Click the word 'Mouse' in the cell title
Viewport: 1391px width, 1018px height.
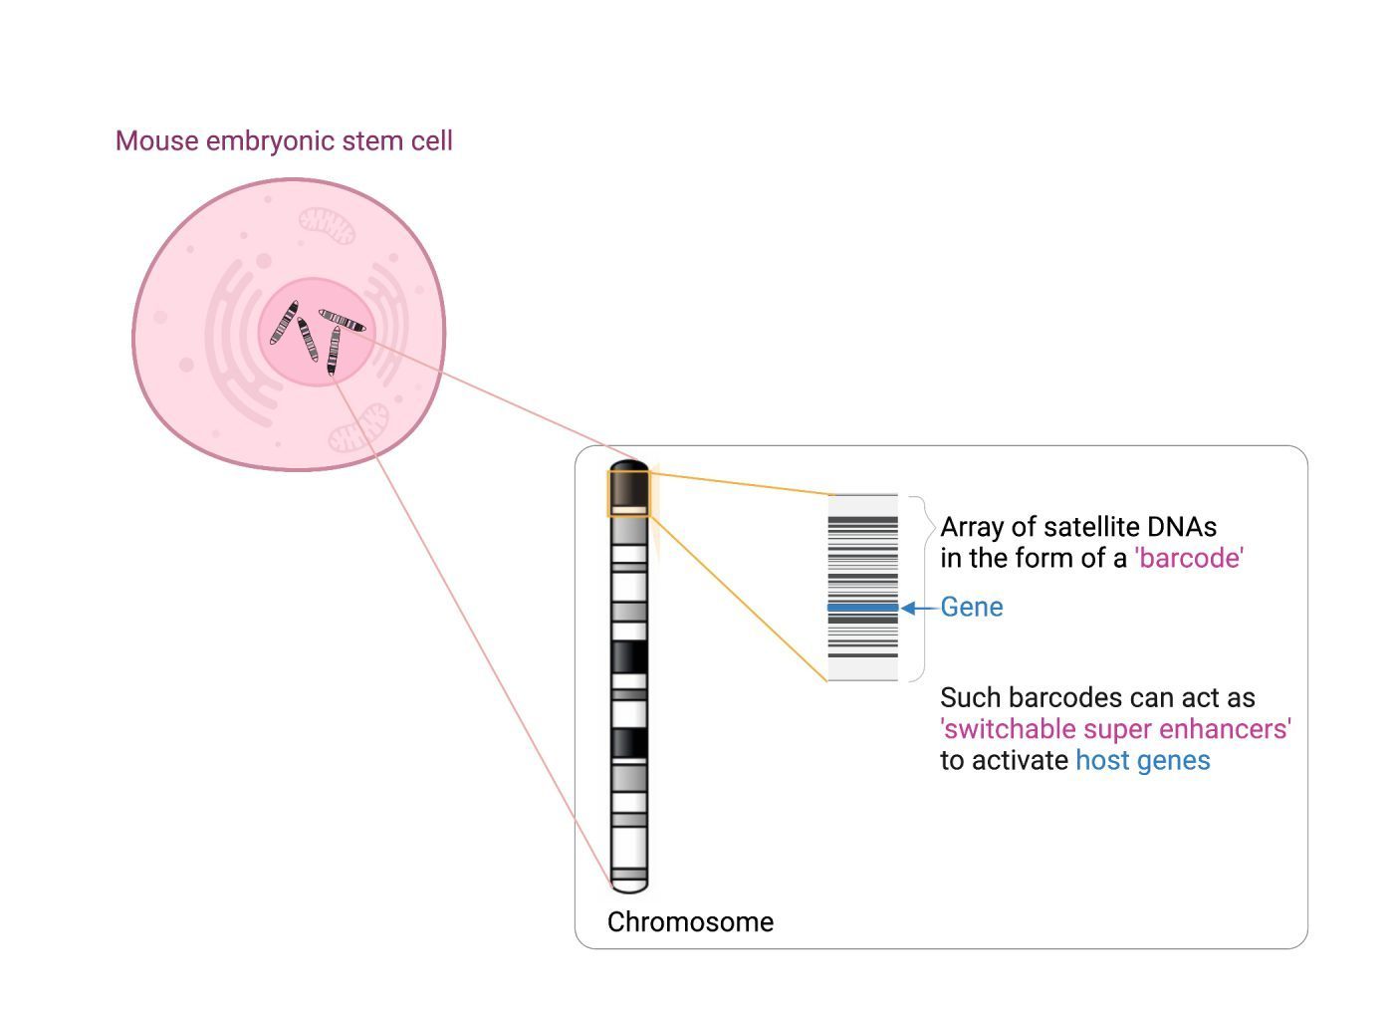click(x=157, y=141)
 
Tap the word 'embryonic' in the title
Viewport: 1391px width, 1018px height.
click(x=271, y=142)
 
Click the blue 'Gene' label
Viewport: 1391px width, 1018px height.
click(x=971, y=608)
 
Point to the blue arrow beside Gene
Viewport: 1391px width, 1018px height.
click(x=919, y=608)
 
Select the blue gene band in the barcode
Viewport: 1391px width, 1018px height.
click(x=862, y=608)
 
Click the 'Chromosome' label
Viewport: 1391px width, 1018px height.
click(x=690, y=922)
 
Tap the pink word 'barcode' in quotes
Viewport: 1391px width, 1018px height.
click(x=1189, y=558)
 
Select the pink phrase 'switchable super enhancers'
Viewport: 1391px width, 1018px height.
click(x=1116, y=729)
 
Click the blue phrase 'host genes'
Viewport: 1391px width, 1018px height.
click(x=1143, y=761)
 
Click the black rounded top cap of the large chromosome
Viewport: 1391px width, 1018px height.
click(x=629, y=466)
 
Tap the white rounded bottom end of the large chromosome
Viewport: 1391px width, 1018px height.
click(x=629, y=886)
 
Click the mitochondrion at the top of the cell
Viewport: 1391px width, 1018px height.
click(x=327, y=225)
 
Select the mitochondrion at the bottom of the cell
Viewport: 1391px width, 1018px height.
click(x=358, y=428)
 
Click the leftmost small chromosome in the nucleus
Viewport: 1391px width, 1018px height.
click(x=284, y=323)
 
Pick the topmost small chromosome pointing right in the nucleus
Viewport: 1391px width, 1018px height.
click(x=343, y=321)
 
